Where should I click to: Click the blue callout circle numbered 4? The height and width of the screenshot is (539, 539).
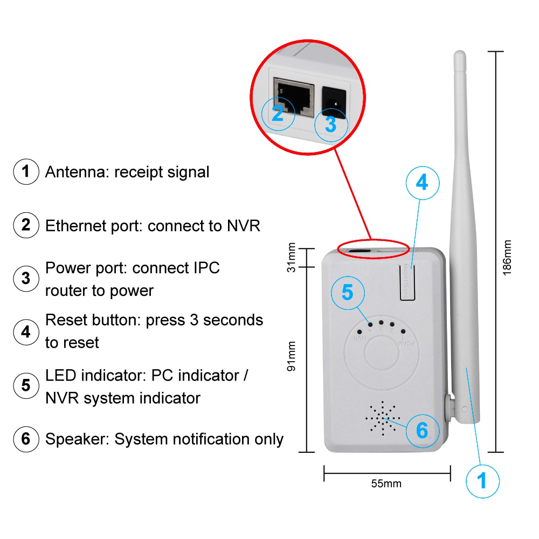click(421, 183)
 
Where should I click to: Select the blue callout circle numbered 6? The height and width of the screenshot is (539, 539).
click(422, 431)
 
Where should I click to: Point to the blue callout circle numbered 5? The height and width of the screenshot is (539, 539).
click(347, 293)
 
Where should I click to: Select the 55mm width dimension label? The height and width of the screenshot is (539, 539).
click(386, 483)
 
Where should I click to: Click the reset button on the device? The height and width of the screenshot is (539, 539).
click(408, 280)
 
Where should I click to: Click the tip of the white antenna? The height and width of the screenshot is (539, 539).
click(459, 55)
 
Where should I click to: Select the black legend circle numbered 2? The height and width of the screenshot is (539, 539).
click(26, 225)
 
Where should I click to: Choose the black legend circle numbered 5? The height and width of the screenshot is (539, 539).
click(26, 385)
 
